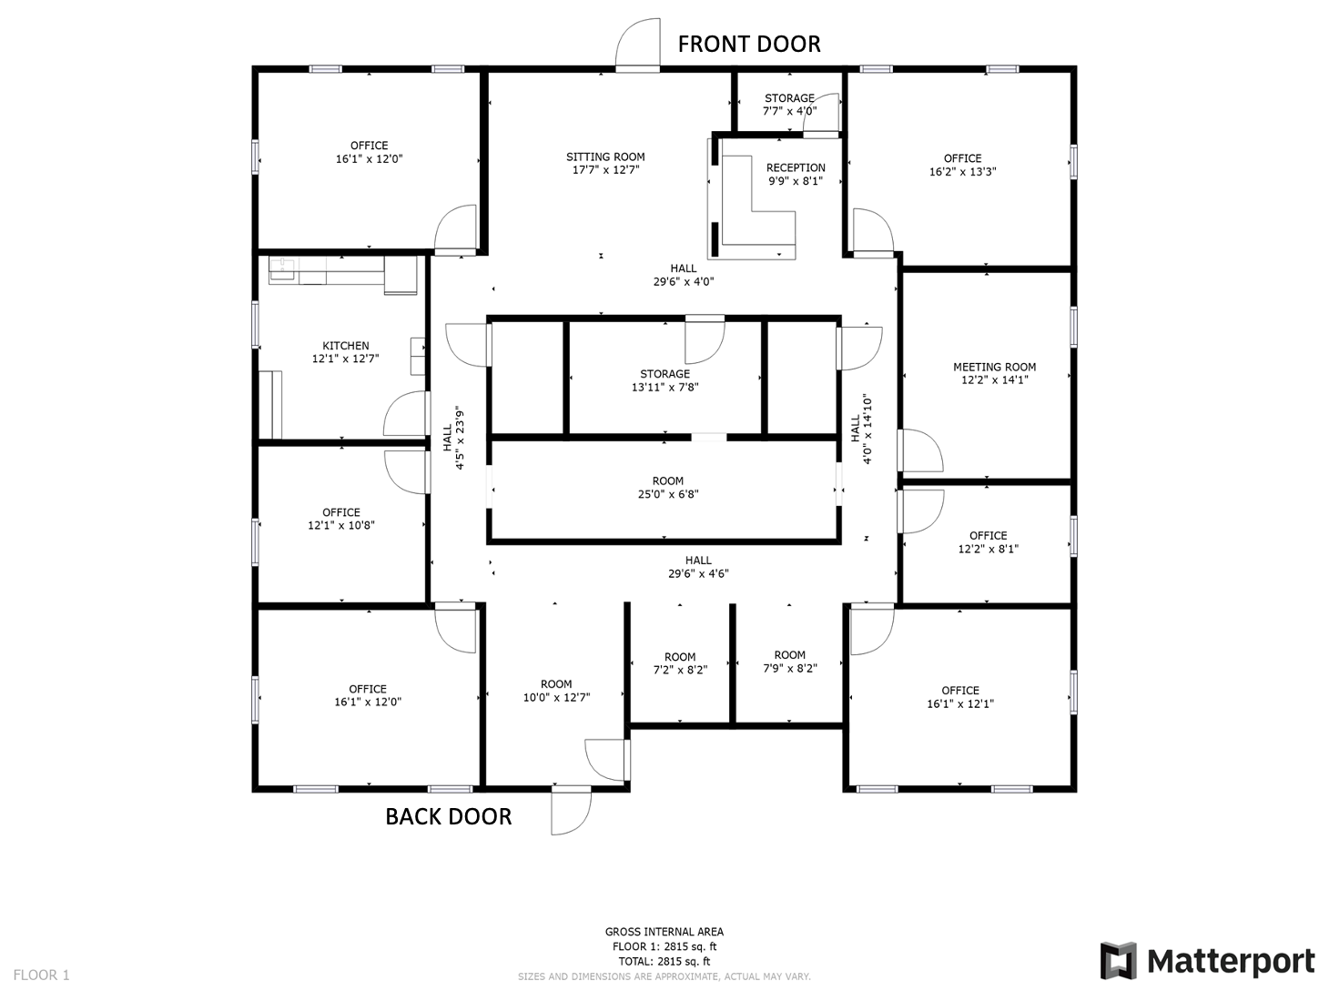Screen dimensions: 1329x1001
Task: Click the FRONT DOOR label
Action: pyautogui.click(x=749, y=44)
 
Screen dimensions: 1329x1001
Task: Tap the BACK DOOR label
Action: pyautogui.click(x=449, y=816)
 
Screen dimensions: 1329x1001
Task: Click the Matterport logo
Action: pyautogui.click(x=1207, y=960)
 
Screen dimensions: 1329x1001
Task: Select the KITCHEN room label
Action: pyautogui.click(x=346, y=346)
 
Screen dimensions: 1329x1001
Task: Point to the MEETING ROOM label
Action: pyautogui.click(x=994, y=367)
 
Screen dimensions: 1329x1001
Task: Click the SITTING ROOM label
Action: pyautogui.click(x=605, y=157)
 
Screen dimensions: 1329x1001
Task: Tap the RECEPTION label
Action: pyautogui.click(x=796, y=167)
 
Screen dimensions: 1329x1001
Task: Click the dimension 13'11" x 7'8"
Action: pyautogui.click(x=664, y=388)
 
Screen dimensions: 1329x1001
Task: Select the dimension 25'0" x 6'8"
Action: pyautogui.click(x=668, y=494)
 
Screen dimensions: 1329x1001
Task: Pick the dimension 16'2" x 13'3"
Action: pyautogui.click(x=963, y=171)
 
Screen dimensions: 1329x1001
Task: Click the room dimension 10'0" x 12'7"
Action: pyautogui.click(x=556, y=697)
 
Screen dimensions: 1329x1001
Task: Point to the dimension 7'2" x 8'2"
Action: pyautogui.click(x=680, y=670)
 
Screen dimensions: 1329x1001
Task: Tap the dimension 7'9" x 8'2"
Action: pyautogui.click(x=789, y=668)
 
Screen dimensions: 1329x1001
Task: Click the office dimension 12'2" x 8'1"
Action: pyautogui.click(x=989, y=549)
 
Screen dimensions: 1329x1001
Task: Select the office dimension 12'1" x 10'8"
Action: pyautogui.click(x=340, y=525)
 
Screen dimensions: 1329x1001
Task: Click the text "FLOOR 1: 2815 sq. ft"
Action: pyautogui.click(x=664, y=946)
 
